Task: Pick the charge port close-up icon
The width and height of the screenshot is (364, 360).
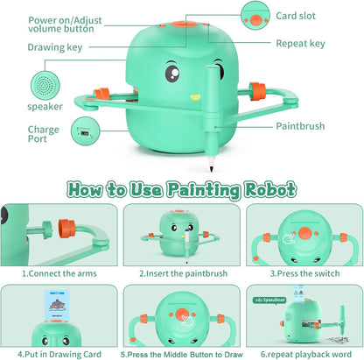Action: click(x=84, y=133)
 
